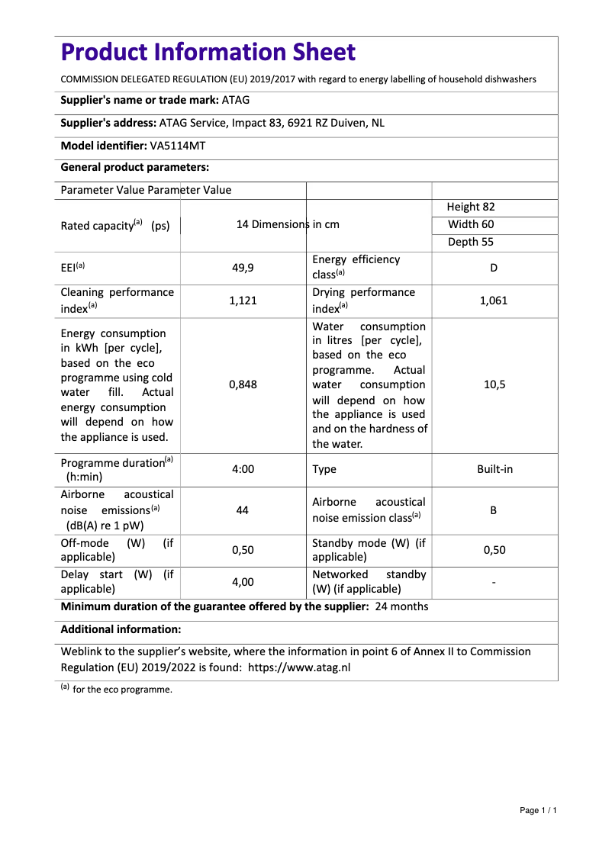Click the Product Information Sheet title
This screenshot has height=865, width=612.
(x=208, y=53)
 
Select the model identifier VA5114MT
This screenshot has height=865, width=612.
(x=178, y=146)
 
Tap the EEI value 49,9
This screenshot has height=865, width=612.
(x=243, y=268)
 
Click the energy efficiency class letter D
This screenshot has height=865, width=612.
(x=494, y=268)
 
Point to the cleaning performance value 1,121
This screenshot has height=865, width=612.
(x=243, y=301)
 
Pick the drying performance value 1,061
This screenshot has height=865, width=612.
(x=494, y=301)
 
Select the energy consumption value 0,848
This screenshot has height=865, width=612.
(x=243, y=384)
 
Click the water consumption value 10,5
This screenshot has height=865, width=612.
(x=494, y=384)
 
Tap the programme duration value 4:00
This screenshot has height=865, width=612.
(x=243, y=469)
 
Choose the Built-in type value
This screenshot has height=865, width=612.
(x=494, y=469)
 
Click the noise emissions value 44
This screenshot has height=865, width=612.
(x=243, y=510)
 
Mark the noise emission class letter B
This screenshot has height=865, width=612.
(x=494, y=510)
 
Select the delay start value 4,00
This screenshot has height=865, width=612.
(x=243, y=582)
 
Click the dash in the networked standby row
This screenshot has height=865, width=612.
(x=494, y=583)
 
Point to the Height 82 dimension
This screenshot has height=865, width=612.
(x=471, y=207)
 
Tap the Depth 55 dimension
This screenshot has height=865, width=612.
(x=470, y=242)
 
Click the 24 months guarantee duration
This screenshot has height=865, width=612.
(x=402, y=606)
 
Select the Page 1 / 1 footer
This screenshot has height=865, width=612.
(x=538, y=810)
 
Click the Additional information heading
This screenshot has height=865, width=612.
(x=121, y=629)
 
